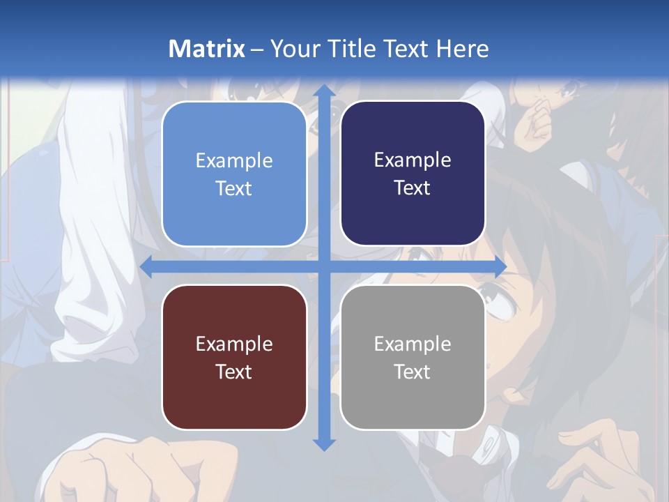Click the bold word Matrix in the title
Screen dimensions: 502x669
click(206, 49)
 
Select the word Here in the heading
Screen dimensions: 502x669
click(462, 49)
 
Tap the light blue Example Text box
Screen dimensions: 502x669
click(234, 174)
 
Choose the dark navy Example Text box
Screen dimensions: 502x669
click(413, 174)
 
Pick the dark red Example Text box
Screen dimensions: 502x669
click(234, 357)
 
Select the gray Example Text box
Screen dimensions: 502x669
click(413, 357)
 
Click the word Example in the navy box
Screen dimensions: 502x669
click(413, 160)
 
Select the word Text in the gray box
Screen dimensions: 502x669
click(413, 372)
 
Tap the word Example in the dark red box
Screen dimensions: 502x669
click(234, 344)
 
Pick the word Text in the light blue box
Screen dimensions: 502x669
click(234, 189)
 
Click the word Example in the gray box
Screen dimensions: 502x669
click(413, 344)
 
